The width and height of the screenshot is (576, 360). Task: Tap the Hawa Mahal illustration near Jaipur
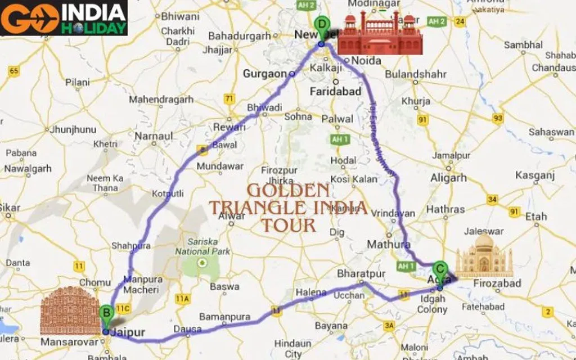[62, 310]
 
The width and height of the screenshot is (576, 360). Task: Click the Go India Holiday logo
[64, 17]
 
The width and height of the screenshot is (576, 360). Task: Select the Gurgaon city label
[264, 74]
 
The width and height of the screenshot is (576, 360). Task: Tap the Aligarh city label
[448, 178]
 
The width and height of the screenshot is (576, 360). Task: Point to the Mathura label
[388, 245]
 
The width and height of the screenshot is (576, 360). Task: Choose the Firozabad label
[497, 283]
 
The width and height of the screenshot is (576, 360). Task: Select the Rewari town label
[229, 127]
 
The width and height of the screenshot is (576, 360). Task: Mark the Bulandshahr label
[417, 74]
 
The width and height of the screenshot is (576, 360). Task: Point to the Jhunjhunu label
[73, 129]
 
